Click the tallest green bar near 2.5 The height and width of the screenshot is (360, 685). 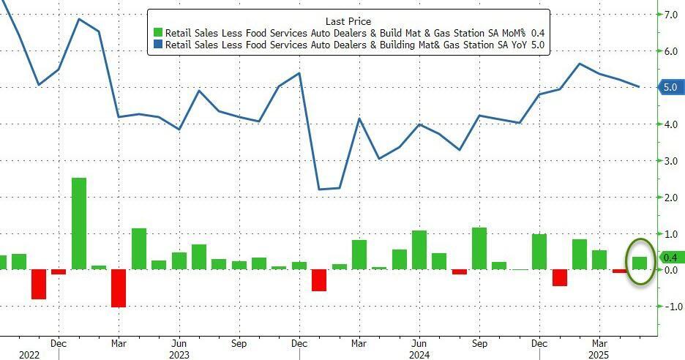pos(79,223)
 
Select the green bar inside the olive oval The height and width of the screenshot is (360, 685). pos(639,263)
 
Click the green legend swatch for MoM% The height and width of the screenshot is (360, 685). pos(157,34)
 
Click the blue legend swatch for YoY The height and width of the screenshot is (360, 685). pos(157,45)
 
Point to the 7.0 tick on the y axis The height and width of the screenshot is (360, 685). pos(671,15)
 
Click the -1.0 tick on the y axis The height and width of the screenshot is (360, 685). pos(670,307)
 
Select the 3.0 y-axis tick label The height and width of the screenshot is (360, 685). pos(671,160)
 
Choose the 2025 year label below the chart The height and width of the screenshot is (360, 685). pos(599,355)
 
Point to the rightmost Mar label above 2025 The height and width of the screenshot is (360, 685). pos(599,342)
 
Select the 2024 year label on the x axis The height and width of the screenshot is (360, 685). pos(419,355)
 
